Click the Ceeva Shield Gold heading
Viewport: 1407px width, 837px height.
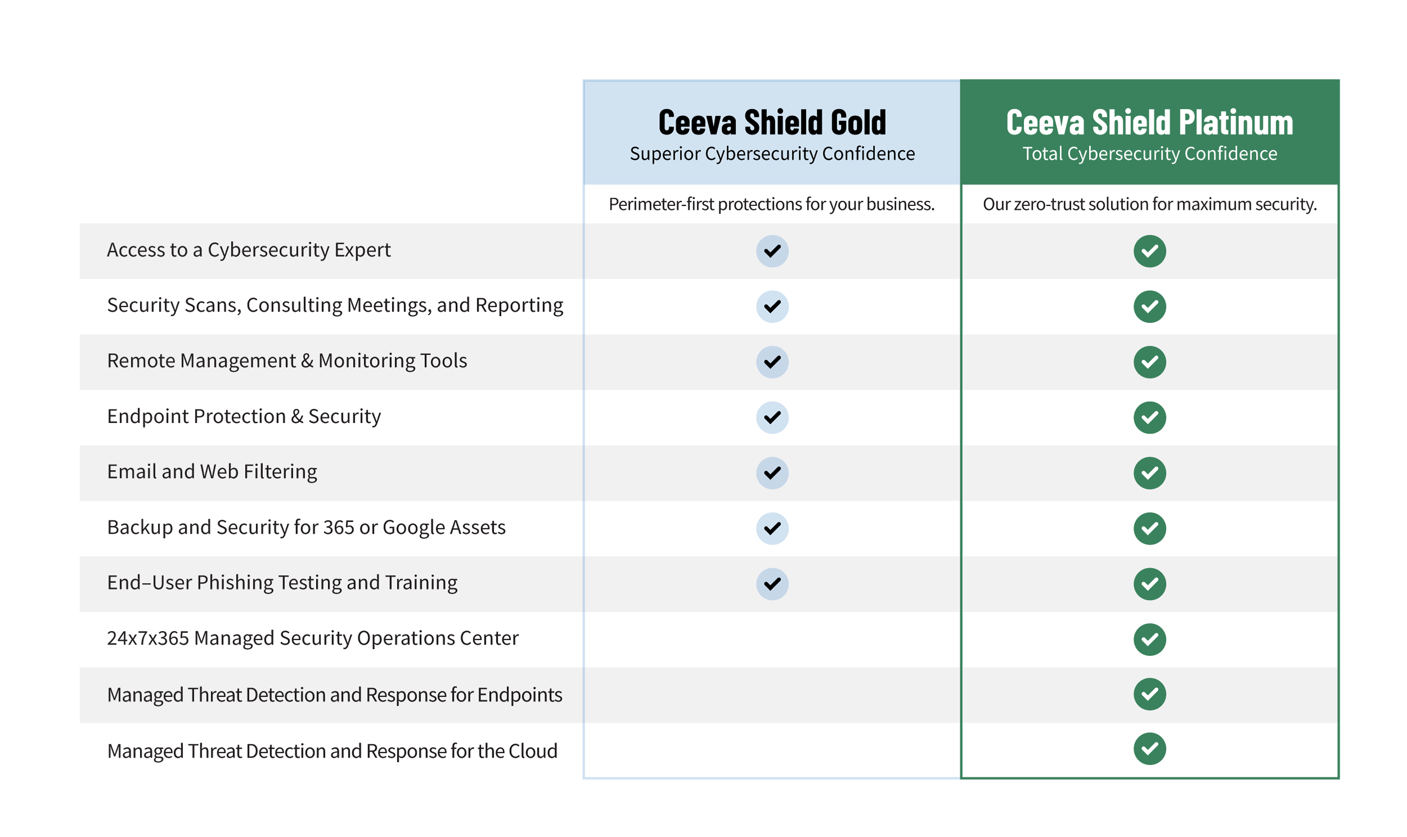pyautogui.click(x=772, y=123)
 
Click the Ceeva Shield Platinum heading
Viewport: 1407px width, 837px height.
pyautogui.click(x=1149, y=123)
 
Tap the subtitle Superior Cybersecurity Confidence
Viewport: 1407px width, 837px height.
pyautogui.click(x=772, y=154)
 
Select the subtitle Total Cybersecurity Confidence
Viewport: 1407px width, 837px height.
pyautogui.click(x=1149, y=154)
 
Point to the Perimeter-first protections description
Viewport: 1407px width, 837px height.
pyautogui.click(x=771, y=204)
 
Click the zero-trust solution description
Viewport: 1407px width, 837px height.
pyautogui.click(x=1149, y=204)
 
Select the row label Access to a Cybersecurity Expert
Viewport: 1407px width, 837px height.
pyautogui.click(x=248, y=250)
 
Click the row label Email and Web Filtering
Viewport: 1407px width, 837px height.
pyautogui.click(x=212, y=471)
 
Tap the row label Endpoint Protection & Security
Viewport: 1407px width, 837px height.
pyautogui.click(x=244, y=416)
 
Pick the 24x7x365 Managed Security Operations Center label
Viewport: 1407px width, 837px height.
pyautogui.click(x=312, y=638)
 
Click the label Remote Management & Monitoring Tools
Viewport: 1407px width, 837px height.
pyautogui.click(x=286, y=361)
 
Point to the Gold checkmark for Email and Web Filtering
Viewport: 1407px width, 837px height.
pyautogui.click(x=772, y=472)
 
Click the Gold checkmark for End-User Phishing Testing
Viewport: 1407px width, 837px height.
pyautogui.click(x=772, y=584)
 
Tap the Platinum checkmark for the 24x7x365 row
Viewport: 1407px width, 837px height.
pyautogui.click(x=1149, y=639)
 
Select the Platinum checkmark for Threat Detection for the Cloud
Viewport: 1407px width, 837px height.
pyautogui.click(x=1149, y=749)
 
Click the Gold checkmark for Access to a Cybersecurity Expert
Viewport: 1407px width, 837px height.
pyautogui.click(x=772, y=251)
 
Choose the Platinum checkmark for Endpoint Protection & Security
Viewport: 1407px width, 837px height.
pyautogui.click(x=1149, y=417)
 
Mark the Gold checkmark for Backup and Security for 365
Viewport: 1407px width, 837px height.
pyautogui.click(x=772, y=528)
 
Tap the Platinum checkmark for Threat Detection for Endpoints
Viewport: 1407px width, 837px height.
pyautogui.click(x=1149, y=694)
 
